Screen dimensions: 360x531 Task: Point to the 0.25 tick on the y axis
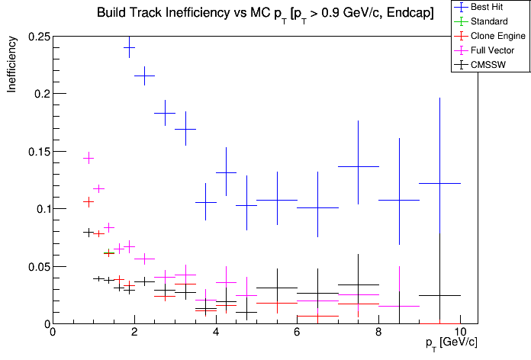point(37,37)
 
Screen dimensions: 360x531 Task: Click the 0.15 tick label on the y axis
point(37,152)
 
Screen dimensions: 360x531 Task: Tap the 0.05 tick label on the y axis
point(37,267)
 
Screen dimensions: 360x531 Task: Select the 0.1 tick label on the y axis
point(40,209)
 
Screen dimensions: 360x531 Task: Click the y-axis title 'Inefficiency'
point(12,67)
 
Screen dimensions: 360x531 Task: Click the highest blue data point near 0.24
point(130,47)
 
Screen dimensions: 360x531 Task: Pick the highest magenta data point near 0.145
point(88,158)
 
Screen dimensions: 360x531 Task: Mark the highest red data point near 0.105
point(88,202)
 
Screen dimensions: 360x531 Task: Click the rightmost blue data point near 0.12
point(440,183)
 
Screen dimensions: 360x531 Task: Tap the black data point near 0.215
point(145,76)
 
